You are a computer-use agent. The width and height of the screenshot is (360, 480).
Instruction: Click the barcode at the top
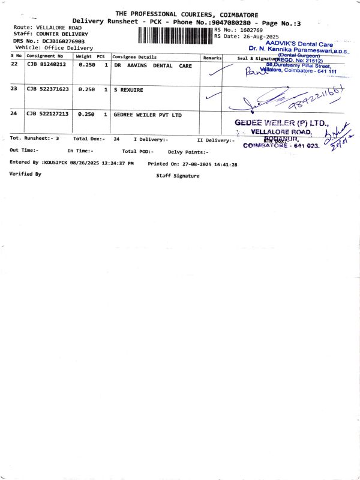click(x=175, y=35)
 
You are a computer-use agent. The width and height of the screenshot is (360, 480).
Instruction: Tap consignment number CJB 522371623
click(x=47, y=89)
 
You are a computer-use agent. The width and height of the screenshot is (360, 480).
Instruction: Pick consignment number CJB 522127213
click(x=47, y=113)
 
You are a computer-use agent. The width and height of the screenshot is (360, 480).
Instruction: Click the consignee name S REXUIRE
click(x=128, y=89)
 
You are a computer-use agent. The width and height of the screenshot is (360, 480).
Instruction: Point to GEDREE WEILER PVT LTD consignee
click(x=147, y=113)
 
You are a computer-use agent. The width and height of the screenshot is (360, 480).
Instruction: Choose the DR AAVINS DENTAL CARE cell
click(x=152, y=65)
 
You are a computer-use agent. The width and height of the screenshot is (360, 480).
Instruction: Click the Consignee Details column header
click(x=134, y=57)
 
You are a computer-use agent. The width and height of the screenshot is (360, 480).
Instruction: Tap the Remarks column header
click(x=212, y=57)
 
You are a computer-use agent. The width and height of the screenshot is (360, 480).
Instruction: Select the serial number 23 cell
click(x=14, y=89)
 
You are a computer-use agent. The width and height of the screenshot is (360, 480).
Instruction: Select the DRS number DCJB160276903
click(x=63, y=41)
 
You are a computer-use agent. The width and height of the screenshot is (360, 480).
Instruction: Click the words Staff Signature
click(x=178, y=176)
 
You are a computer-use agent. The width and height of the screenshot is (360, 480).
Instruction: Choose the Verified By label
click(x=25, y=174)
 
